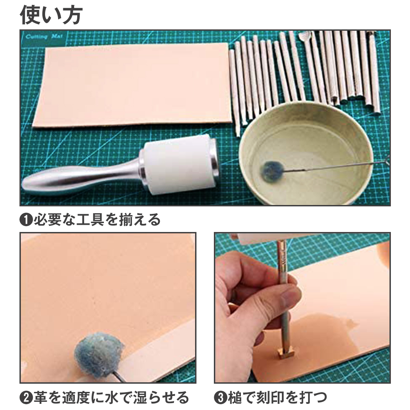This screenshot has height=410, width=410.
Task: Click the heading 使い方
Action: pos(51,15)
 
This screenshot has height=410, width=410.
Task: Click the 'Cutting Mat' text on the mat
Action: pos(44,37)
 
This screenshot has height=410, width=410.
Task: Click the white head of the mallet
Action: pos(180,164)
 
